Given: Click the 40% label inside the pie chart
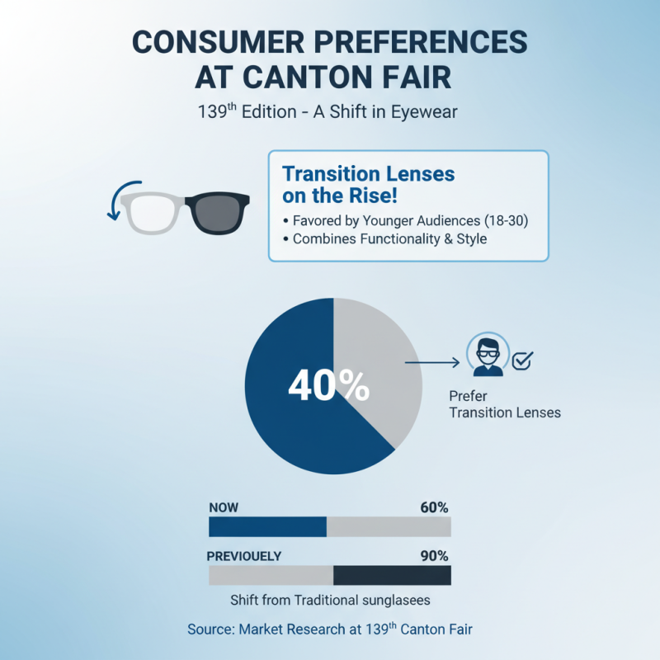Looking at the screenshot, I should click(328, 385).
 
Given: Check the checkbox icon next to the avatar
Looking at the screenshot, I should click(522, 360).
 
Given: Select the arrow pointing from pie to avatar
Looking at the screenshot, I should click(431, 361).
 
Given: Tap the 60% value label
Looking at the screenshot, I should click(433, 507).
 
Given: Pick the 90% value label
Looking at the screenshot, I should click(433, 556).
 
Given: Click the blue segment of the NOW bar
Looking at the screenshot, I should click(267, 526).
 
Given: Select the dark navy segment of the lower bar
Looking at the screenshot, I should click(392, 575).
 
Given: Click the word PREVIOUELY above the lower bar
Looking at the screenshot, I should click(243, 556).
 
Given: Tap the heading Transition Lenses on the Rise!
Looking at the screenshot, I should click(368, 185).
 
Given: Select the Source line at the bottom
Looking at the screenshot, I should click(330, 629).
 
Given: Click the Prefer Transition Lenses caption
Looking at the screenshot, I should click(504, 403).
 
